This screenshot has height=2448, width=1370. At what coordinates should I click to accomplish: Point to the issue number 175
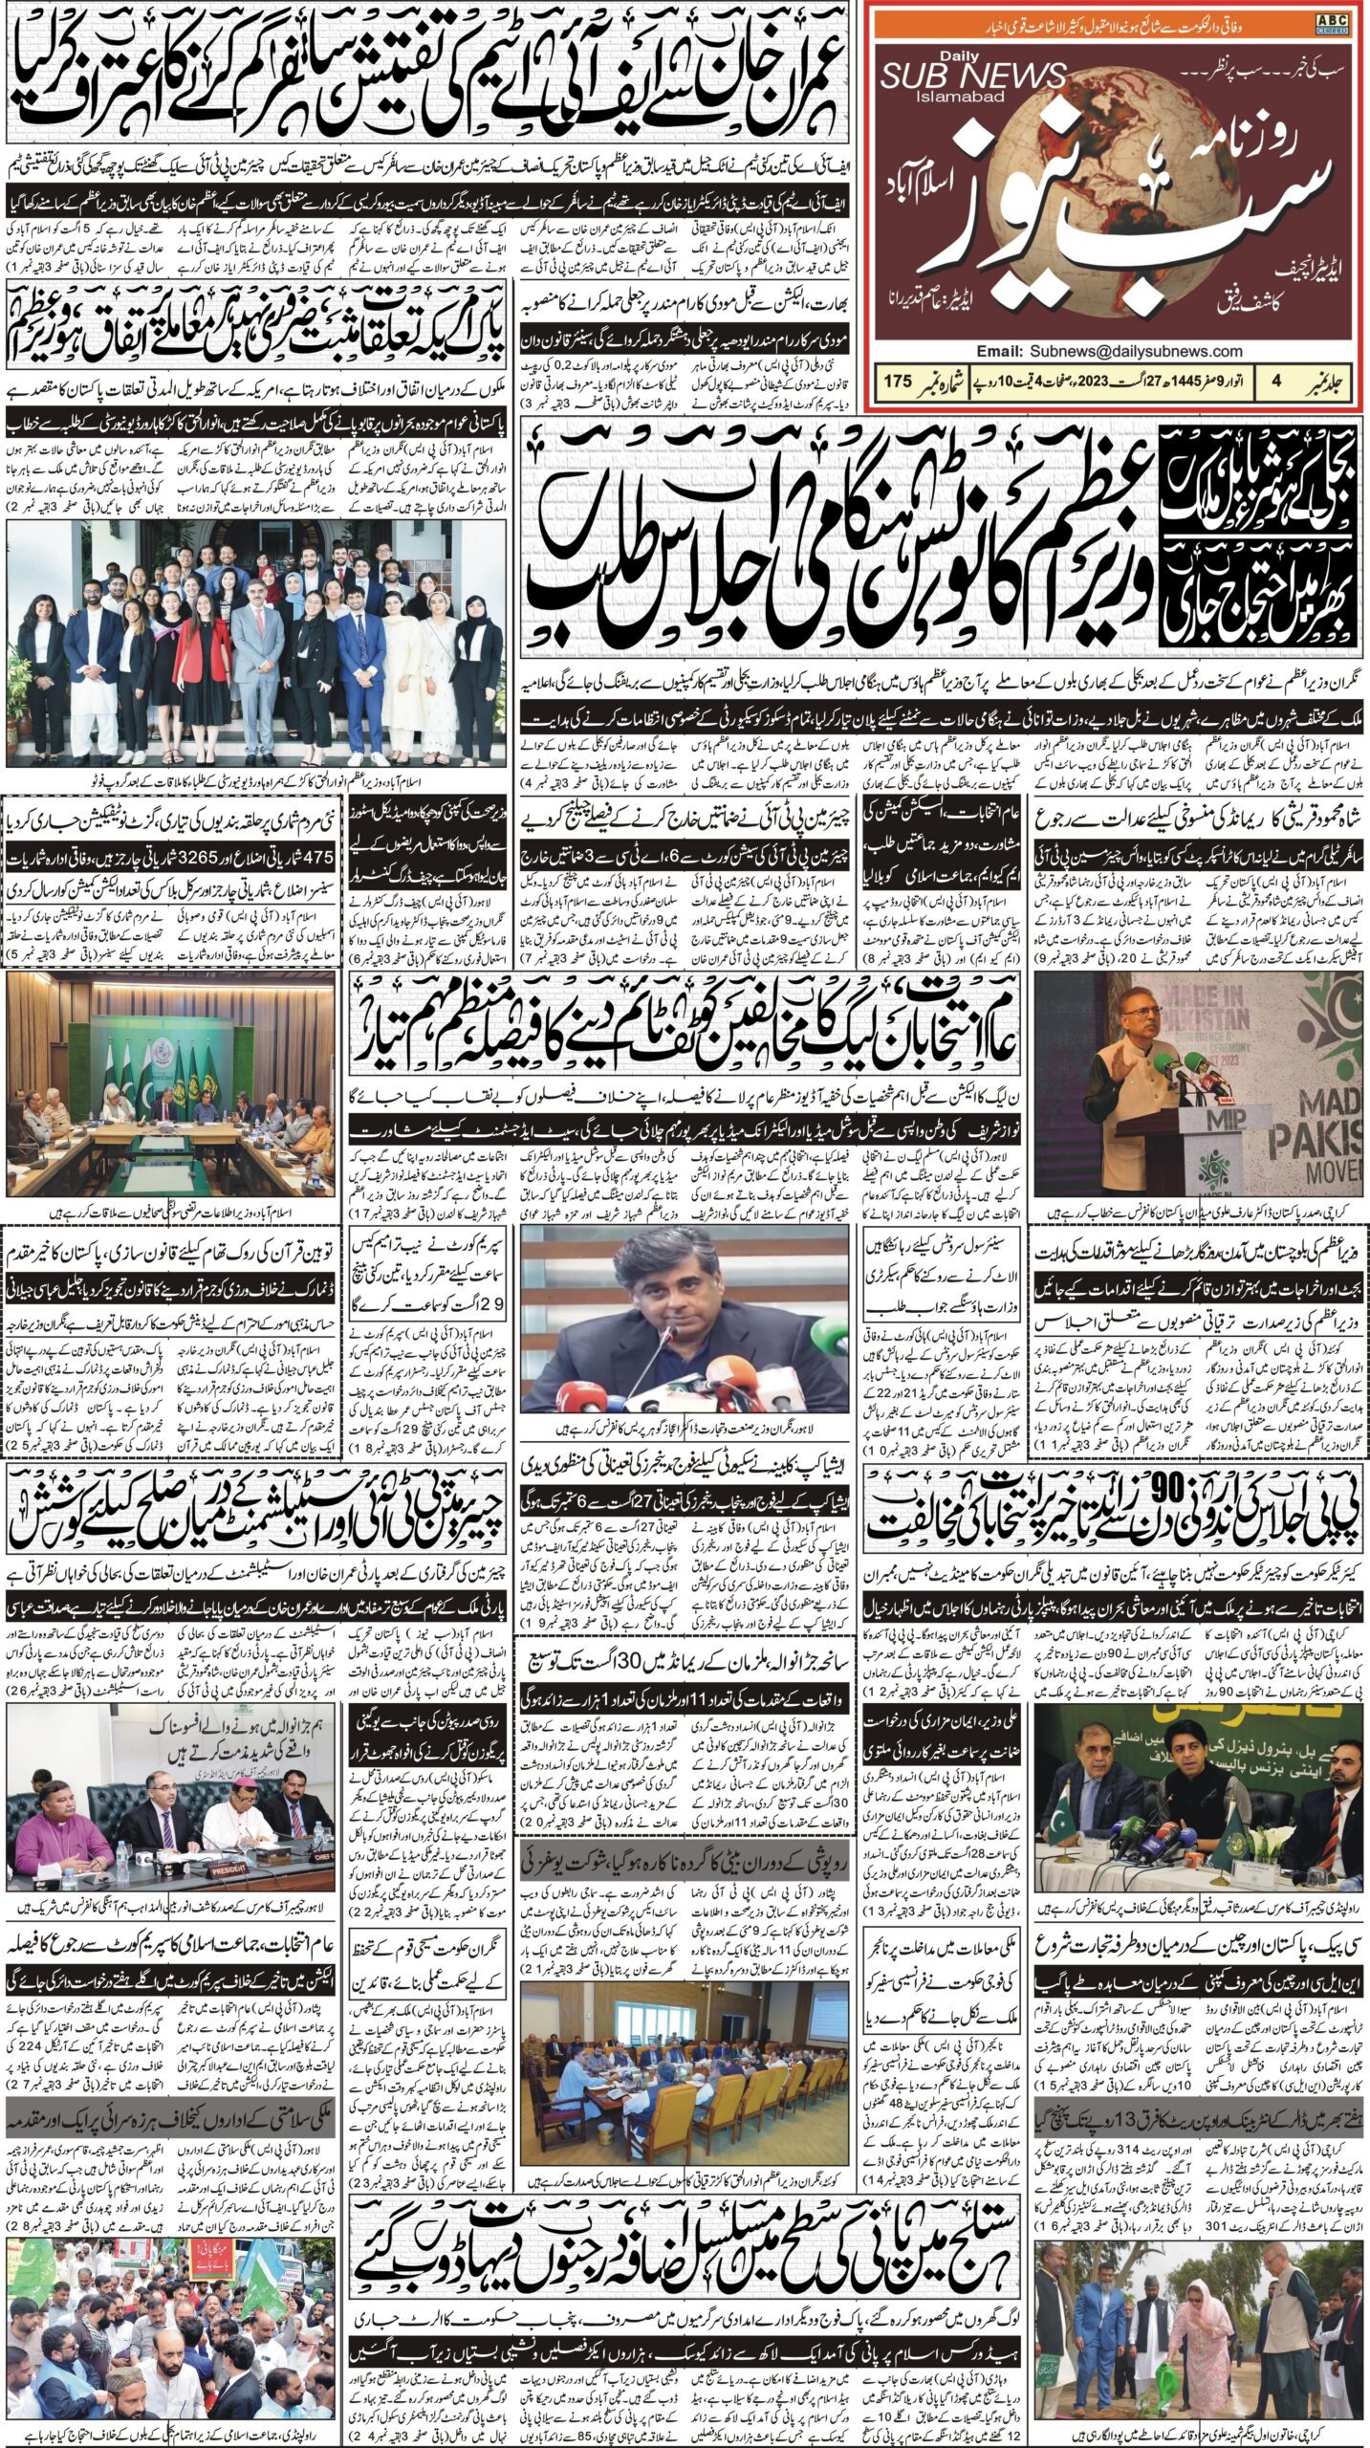899,381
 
